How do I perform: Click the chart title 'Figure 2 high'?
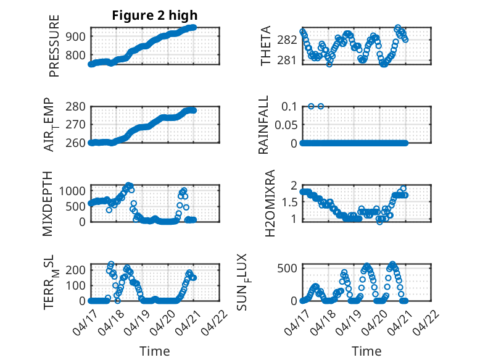pyautogui.click(x=155, y=15)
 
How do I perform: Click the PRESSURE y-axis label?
pyautogui.click(x=54, y=46)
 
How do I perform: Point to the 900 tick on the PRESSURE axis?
pyautogui.click(x=76, y=36)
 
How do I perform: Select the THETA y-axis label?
pyautogui.click(x=266, y=46)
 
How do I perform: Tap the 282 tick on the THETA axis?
pyautogui.click(x=287, y=40)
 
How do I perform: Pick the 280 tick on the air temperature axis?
pyautogui.click(x=76, y=107)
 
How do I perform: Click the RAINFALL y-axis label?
pyautogui.click(x=263, y=125)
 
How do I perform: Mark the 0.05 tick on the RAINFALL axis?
pyautogui.click(x=286, y=125)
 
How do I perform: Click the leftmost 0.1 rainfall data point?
pyautogui.click(x=311, y=106)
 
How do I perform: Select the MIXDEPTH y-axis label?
pyautogui.click(x=48, y=204)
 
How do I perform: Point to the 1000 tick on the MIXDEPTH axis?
pyautogui.click(x=72, y=191)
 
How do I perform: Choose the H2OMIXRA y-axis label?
pyautogui.click(x=270, y=203)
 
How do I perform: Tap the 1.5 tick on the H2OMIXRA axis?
pyautogui.click(x=289, y=202)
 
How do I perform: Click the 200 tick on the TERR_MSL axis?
pyautogui.click(x=76, y=270)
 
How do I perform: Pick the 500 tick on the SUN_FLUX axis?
pyautogui.click(x=287, y=269)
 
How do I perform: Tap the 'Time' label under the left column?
pyautogui.click(x=155, y=351)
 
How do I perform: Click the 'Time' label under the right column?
pyautogui.click(x=366, y=351)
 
